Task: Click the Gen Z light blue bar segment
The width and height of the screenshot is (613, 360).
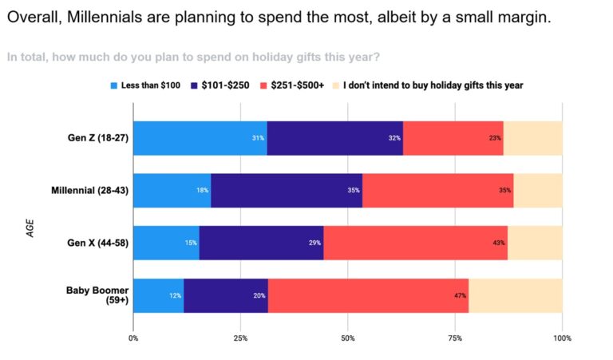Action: click(200, 137)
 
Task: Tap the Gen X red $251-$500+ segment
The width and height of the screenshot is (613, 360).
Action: click(415, 242)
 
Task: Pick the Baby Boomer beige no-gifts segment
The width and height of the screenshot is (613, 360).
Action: click(515, 295)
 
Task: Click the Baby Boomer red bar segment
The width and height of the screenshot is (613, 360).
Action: click(368, 295)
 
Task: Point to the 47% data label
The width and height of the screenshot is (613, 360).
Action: click(460, 295)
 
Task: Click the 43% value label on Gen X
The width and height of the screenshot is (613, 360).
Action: click(498, 243)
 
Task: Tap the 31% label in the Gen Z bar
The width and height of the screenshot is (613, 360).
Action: click(258, 138)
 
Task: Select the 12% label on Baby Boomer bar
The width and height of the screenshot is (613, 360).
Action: click(175, 295)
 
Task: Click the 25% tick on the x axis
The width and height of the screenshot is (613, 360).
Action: click(240, 338)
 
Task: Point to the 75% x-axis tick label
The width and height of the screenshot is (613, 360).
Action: click(455, 338)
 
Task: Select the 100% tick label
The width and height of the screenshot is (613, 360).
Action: click(562, 338)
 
